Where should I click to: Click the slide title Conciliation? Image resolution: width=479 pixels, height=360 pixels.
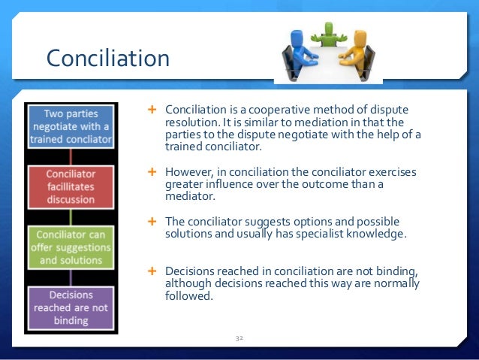pos(107,57)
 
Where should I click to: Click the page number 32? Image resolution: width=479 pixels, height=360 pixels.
pos(239,339)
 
